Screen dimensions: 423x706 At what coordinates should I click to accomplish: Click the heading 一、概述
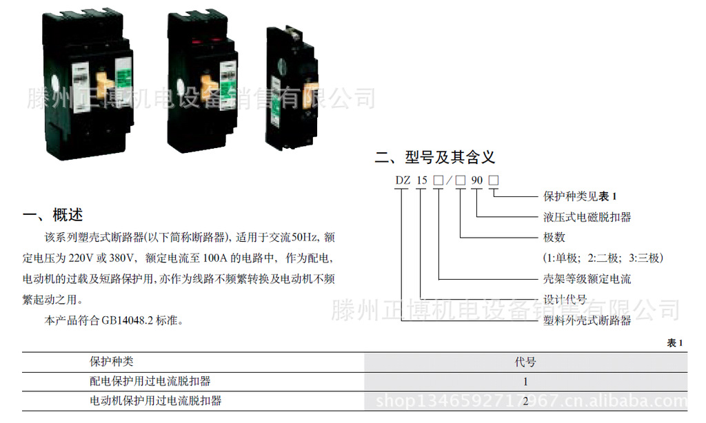tap(53, 215)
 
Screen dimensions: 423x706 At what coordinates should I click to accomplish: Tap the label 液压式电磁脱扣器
tap(587, 217)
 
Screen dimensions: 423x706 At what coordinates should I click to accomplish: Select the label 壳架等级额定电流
tap(587, 279)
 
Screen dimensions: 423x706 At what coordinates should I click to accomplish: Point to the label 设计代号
tap(565, 300)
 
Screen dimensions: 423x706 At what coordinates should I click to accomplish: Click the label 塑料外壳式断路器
tap(587, 320)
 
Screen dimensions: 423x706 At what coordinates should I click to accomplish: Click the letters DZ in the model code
tap(403, 181)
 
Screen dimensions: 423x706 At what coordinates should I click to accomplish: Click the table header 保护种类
tap(112, 362)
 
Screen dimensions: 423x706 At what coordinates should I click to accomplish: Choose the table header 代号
tap(525, 362)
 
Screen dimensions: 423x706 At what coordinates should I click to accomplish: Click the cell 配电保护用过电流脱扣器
tap(150, 381)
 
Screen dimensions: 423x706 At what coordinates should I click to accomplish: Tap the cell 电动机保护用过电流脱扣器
tap(156, 400)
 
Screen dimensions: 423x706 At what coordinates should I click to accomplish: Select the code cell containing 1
tap(525, 381)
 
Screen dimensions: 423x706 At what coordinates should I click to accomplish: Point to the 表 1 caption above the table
tap(675, 343)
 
